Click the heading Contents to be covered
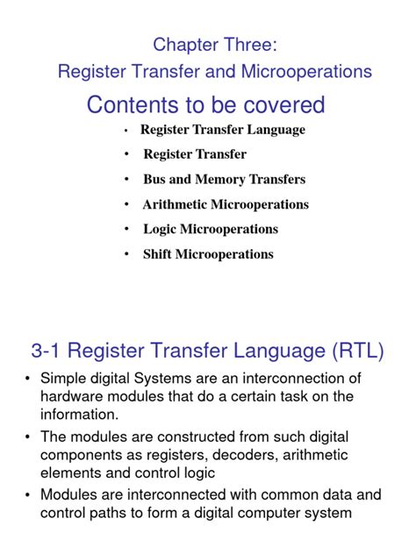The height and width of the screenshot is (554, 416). pyautogui.click(x=205, y=105)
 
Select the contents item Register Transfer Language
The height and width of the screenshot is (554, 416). pyautogui.click(x=223, y=130)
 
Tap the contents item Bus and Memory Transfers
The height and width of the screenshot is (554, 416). pyautogui.click(x=225, y=180)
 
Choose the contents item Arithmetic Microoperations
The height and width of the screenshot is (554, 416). pyautogui.click(x=226, y=204)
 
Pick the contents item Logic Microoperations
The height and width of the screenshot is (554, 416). pyautogui.click(x=211, y=229)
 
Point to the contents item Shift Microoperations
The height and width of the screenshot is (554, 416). pyautogui.click(x=208, y=254)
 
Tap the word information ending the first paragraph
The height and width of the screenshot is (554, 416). pyautogui.click(x=89, y=414)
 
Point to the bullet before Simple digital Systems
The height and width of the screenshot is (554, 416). pyautogui.click(x=29, y=379)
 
